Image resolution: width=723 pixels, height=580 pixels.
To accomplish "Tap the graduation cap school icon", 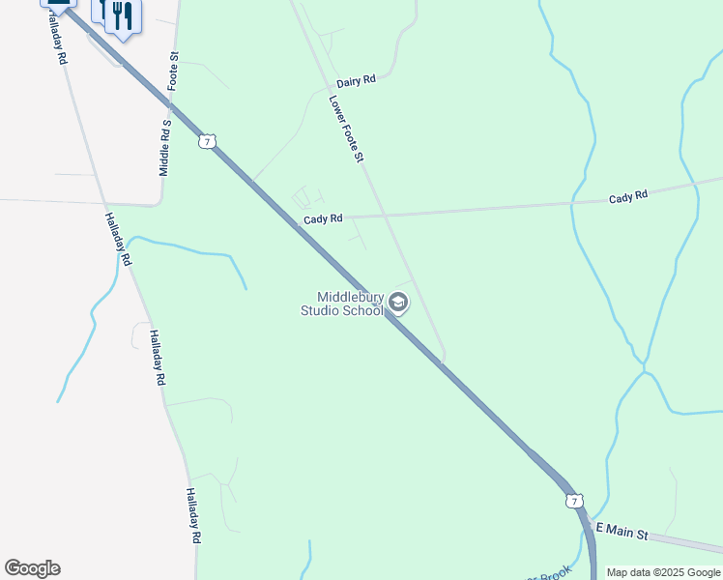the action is pos(397,304).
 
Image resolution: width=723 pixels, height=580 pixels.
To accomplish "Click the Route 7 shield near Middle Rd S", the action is pos(205,142).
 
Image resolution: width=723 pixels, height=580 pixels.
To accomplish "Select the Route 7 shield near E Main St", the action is pos(575,501).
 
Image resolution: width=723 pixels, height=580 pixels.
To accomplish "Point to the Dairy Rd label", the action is pos(356,82).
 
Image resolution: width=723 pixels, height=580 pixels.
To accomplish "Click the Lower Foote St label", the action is pos(345,128).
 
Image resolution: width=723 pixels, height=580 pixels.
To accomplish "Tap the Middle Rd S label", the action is pos(165,148).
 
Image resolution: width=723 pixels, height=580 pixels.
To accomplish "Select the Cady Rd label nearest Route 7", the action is pos(323,219).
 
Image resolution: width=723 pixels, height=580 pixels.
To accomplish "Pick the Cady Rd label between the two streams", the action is pos(628,196).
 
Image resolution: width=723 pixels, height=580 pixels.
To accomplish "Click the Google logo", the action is pos(32,568).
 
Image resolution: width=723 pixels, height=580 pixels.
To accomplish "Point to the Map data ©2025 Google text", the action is pos(663,572).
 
